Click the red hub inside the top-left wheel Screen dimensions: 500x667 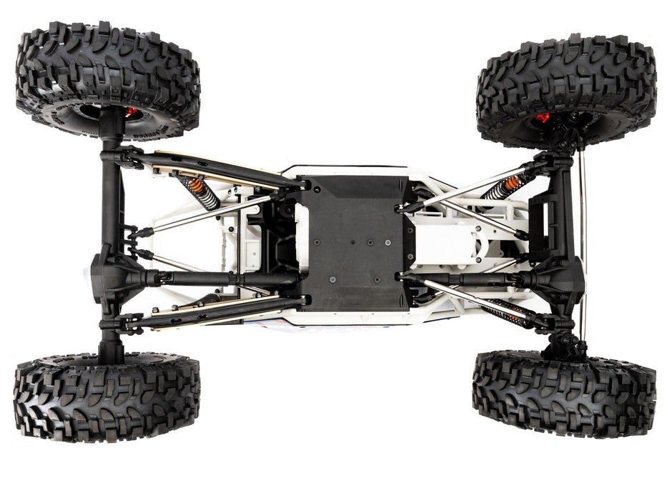(x=131, y=112)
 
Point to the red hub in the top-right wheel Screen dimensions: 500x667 (x=543, y=117)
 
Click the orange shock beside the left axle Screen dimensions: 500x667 (x=201, y=192)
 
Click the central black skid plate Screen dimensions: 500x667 (x=353, y=242)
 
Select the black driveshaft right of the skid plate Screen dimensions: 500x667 (x=465, y=278)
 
